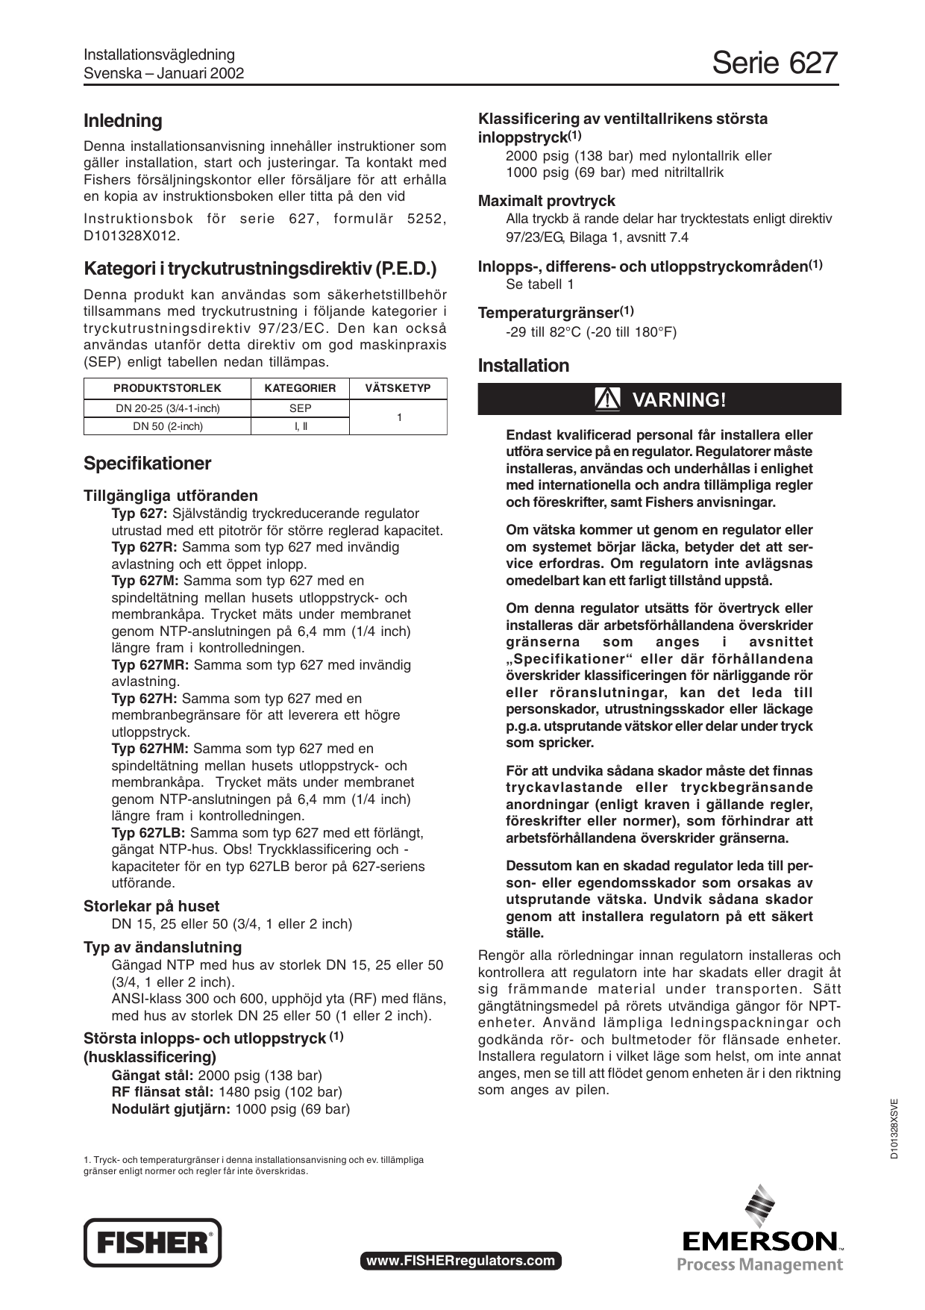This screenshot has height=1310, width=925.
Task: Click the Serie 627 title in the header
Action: click(774, 63)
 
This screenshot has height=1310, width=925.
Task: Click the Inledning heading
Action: click(122, 121)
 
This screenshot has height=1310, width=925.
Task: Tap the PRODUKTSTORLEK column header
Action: click(167, 388)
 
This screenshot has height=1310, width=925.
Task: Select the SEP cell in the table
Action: click(300, 408)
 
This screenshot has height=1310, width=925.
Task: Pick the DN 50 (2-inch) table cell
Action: click(167, 426)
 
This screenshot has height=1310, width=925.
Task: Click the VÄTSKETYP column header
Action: click(398, 388)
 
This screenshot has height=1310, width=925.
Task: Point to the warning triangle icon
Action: click(608, 399)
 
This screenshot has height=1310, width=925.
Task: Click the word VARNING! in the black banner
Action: click(678, 400)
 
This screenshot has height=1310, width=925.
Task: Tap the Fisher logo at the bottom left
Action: click(153, 1242)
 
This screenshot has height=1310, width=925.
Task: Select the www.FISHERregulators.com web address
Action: click(460, 1261)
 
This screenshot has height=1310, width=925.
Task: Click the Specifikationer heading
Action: click(147, 464)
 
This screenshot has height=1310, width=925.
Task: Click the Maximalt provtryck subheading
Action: click(546, 201)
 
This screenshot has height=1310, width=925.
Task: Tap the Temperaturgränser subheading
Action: click(555, 313)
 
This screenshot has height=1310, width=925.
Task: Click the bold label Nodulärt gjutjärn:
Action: click(171, 1109)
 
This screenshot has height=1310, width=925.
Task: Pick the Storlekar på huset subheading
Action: click(151, 906)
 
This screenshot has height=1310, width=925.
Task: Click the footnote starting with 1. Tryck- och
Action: click(254, 1165)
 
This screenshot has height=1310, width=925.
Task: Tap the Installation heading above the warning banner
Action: click(523, 366)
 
